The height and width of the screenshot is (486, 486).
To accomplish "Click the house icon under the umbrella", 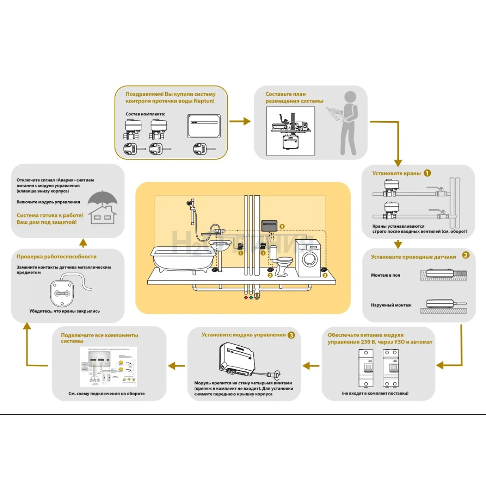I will point(102,215).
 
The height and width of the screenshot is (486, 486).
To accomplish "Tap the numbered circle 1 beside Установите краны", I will point(427,173).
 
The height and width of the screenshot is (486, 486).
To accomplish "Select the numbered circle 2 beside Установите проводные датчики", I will point(466,255).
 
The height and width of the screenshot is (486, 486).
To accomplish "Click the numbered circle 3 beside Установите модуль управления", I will point(291,335).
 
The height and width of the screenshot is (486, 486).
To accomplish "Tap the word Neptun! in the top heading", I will point(204,101).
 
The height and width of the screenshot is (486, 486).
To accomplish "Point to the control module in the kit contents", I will point(204,126).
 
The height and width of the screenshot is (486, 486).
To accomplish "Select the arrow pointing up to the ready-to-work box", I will point(83,243).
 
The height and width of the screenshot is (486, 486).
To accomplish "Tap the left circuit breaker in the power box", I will point(366,368).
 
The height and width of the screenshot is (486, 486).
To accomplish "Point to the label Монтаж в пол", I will point(385,275).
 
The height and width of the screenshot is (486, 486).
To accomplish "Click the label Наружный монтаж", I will point(391,305).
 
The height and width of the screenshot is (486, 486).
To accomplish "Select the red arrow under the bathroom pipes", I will point(246,298).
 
